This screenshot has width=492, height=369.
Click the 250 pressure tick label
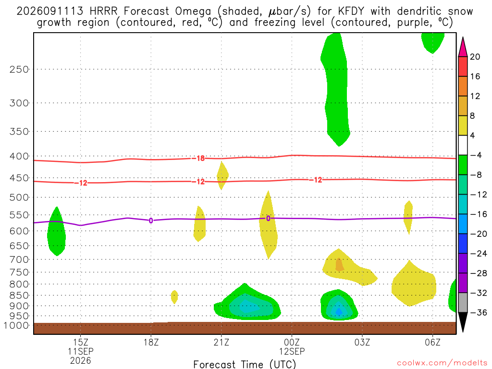19,69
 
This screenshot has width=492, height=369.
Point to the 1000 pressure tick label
16,326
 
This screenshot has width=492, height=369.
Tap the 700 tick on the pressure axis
19,259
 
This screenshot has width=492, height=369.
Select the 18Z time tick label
151,342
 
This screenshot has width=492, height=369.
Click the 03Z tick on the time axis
362,342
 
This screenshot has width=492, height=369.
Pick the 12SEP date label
292,351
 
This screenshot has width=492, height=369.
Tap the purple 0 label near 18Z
151,221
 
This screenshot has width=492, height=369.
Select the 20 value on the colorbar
475,57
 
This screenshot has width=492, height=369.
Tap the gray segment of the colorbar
463,303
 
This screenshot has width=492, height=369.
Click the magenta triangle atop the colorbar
463,48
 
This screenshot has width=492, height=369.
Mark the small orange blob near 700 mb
339,265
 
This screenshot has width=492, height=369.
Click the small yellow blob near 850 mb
174,297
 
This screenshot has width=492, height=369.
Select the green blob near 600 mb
57,231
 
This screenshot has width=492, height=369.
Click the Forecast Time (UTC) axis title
245,364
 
